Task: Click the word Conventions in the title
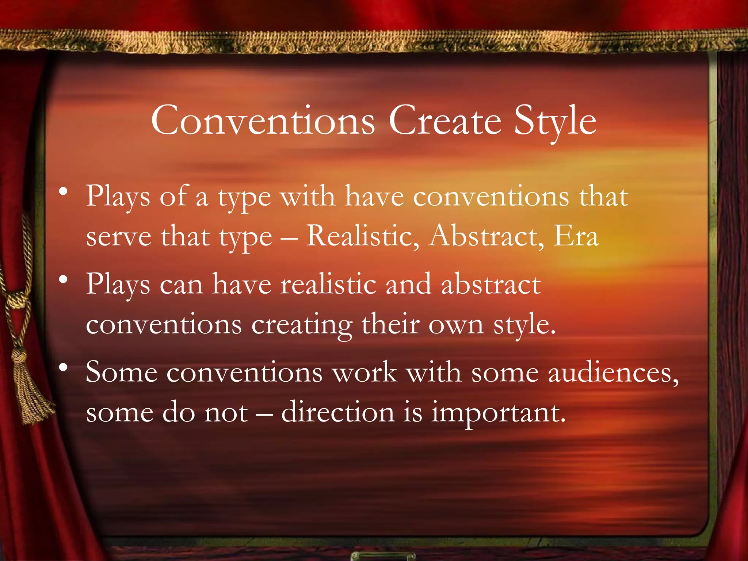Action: coord(263,121)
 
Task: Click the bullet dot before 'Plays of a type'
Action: coord(64,192)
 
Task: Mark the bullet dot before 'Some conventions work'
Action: coord(64,368)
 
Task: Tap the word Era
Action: coord(576,236)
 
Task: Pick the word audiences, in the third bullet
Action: coord(613,373)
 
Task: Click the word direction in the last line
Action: coord(338,412)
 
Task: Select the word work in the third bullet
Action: coord(365,373)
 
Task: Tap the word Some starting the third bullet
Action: coord(122,373)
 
